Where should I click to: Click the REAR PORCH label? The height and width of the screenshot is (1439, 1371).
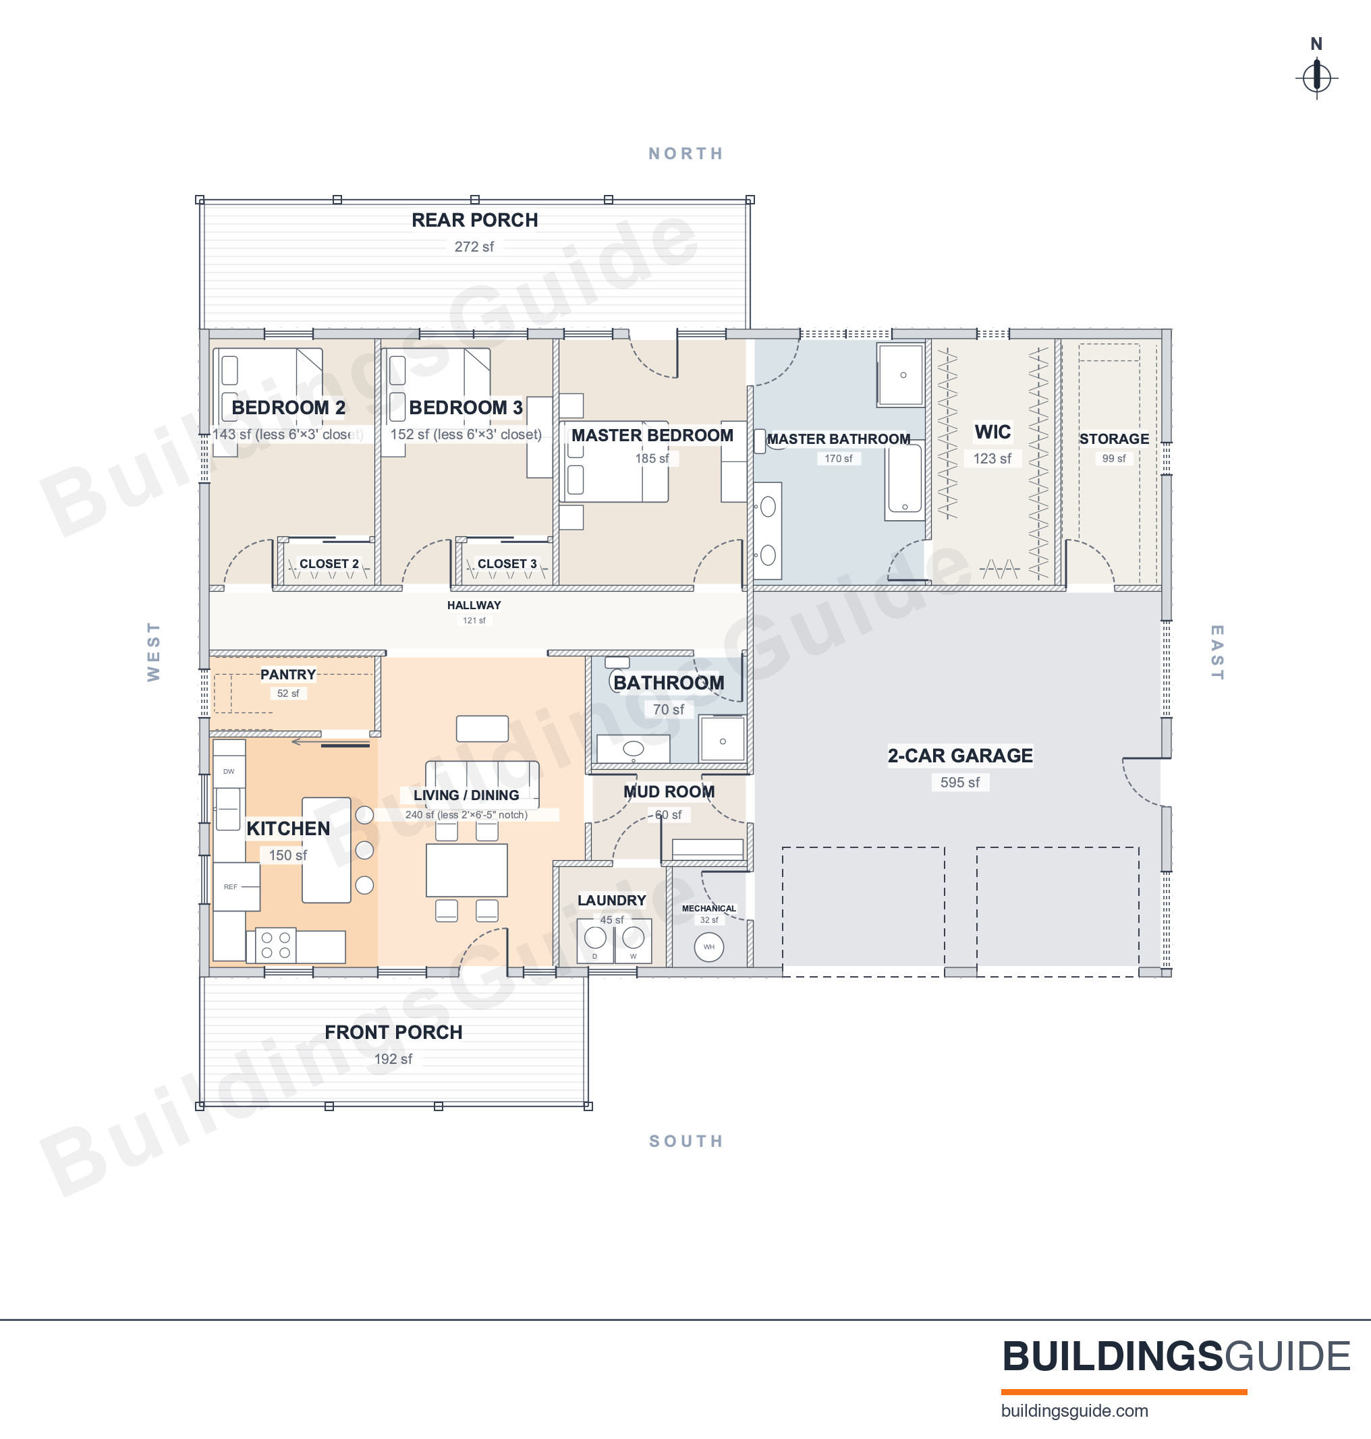click(474, 220)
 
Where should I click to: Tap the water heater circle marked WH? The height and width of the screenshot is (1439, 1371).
click(708, 947)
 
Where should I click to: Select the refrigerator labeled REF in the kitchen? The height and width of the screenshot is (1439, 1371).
click(236, 886)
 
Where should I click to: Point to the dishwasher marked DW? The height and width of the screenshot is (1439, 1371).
click(229, 771)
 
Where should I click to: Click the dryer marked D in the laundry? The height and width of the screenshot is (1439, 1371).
click(595, 940)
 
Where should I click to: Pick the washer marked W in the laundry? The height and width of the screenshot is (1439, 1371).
click(633, 940)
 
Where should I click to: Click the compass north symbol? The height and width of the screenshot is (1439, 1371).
click(1316, 77)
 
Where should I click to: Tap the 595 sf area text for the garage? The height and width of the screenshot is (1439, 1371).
click(959, 782)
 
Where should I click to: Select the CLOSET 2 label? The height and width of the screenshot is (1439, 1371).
click(329, 563)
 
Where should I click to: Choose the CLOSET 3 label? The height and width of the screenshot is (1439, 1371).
click(507, 563)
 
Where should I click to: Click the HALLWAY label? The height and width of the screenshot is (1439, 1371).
click(474, 605)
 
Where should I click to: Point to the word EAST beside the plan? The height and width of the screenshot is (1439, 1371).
click(1216, 652)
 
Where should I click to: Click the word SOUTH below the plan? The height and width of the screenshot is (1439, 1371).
click(686, 1141)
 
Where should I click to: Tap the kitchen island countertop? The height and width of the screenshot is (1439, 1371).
click(326, 850)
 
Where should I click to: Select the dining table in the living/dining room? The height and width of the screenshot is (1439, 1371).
click(467, 870)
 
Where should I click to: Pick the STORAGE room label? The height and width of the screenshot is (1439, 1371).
click(1114, 439)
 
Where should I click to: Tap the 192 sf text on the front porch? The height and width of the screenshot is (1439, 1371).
click(393, 1059)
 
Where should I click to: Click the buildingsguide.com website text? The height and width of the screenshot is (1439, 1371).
click(1074, 1411)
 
